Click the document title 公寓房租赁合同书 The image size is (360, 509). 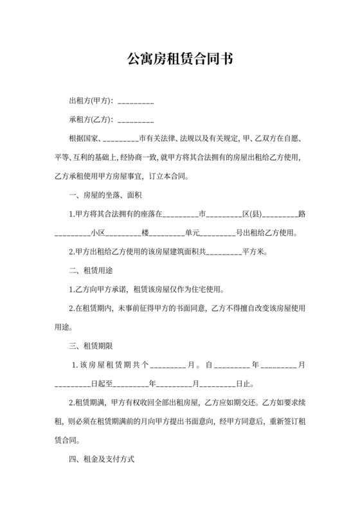179,59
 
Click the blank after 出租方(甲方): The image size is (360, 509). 136,102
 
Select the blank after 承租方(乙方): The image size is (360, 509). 136,120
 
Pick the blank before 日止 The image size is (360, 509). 219,384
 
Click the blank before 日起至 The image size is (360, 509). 72,384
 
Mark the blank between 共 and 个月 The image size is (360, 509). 168,366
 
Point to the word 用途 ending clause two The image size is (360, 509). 62,327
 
